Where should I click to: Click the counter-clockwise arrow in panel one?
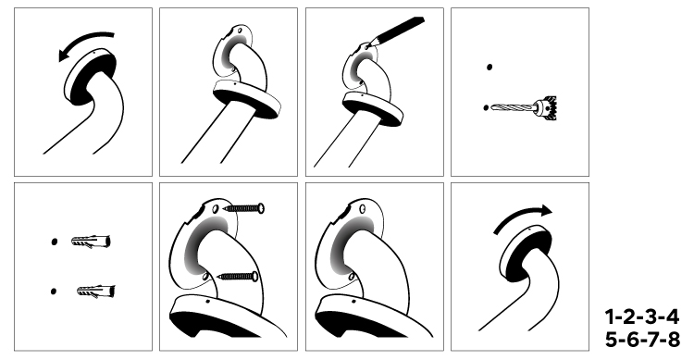point(81,39)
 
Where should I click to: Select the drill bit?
point(514,107)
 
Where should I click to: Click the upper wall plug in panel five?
point(91,242)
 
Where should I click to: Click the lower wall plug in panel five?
point(95,292)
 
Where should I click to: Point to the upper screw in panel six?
point(244,207)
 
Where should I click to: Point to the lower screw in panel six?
point(238,277)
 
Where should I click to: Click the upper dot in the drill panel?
point(490,68)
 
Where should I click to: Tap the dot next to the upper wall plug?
point(54,242)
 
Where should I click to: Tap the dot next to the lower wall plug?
point(54,292)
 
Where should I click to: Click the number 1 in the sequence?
point(610,317)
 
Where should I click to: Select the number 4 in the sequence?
point(672,317)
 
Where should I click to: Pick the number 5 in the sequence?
point(612,340)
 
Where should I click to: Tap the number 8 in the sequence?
point(674,340)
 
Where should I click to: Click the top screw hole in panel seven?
point(363,208)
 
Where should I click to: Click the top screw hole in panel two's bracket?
point(240,31)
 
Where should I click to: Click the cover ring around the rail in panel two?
point(246,98)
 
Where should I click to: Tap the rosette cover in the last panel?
point(525,253)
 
